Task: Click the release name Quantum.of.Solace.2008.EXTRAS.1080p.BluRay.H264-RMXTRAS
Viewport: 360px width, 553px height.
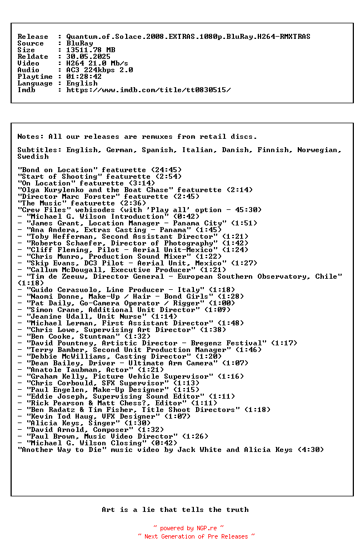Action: pyautogui.click(x=188, y=37)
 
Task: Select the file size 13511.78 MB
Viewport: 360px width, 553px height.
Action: pyautogui.click(x=91, y=50)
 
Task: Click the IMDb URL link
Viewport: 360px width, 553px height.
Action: pyautogui.click(x=148, y=90)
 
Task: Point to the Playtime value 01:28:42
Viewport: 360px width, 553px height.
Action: pyautogui.click(x=84, y=77)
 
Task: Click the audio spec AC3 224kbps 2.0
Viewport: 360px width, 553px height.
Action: pyautogui.click(x=99, y=70)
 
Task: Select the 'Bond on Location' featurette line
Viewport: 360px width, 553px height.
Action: pyautogui.click(x=99, y=170)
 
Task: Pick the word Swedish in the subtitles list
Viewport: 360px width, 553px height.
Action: pyautogui.click(x=33, y=157)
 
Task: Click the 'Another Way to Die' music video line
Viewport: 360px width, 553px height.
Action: pyautogui.click(x=171, y=450)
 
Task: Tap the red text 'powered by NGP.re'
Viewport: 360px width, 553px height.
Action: pyautogui.click(x=188, y=528)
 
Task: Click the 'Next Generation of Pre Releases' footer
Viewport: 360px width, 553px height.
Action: pyautogui.click(x=196, y=536)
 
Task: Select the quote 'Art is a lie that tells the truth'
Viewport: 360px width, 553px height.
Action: pyautogui.click(x=175, y=510)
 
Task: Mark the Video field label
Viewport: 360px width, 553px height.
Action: pyautogui.click(x=28, y=63)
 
